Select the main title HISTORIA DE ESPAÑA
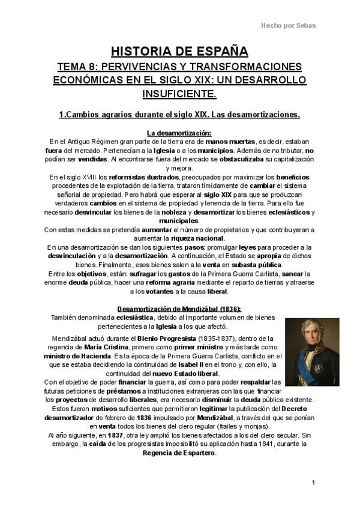[180, 51]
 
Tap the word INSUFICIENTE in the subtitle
[179, 94]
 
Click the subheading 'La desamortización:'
[180, 132]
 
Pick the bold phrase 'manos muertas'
[232, 141]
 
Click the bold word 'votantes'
[158, 292]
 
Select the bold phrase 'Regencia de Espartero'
[179, 453]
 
